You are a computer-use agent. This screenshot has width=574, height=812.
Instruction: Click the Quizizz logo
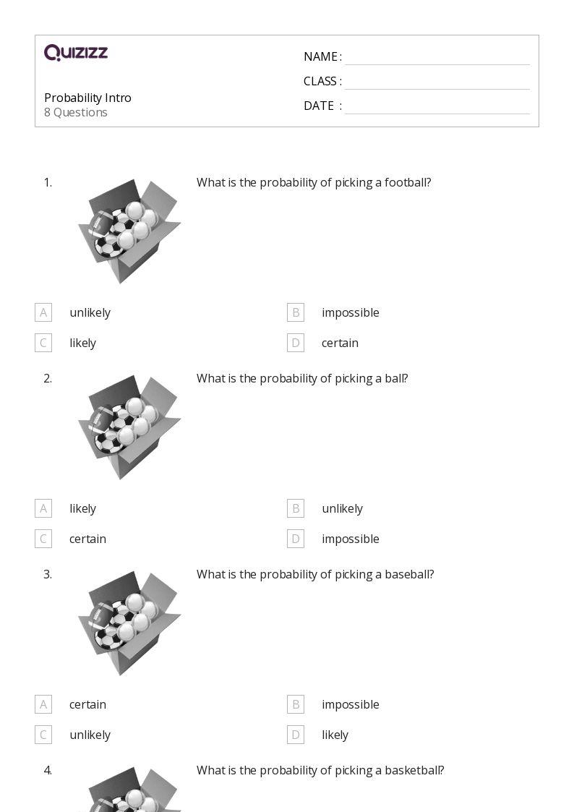76,53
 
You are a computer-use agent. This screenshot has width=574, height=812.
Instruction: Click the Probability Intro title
87,98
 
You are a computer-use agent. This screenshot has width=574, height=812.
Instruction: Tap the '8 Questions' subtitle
76,112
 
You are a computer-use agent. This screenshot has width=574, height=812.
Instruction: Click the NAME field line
437,58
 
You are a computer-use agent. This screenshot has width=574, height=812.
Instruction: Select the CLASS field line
437,82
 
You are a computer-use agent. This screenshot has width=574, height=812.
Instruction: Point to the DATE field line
437,107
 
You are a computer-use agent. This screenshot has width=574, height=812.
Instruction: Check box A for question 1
43,312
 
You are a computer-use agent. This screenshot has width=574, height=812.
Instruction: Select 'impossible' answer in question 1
350,312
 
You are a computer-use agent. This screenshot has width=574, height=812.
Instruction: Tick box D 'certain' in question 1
296,343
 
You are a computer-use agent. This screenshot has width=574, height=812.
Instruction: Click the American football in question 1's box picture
102,223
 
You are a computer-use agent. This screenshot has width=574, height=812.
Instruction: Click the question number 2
48,378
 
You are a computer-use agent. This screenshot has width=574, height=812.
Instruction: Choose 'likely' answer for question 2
82,508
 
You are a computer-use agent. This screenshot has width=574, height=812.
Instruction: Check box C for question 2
43,539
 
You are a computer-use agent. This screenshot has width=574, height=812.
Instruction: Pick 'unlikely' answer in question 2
342,508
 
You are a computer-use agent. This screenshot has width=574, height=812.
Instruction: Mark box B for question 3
296,704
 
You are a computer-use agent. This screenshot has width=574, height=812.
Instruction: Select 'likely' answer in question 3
335,735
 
